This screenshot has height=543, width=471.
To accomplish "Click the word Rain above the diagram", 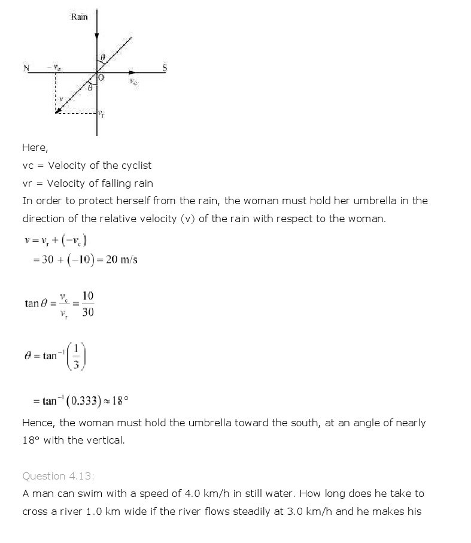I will (79, 17).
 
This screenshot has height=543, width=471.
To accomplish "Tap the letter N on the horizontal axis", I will (26, 68).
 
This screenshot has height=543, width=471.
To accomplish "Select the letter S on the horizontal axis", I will (165, 68).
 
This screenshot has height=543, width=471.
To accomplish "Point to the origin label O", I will (101, 78).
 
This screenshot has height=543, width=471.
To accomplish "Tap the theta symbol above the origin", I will (102, 57).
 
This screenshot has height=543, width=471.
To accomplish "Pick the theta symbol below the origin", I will (90, 88).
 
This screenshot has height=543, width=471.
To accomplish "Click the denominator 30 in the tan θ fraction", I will (87, 312).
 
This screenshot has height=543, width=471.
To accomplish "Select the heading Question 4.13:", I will (59, 476).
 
